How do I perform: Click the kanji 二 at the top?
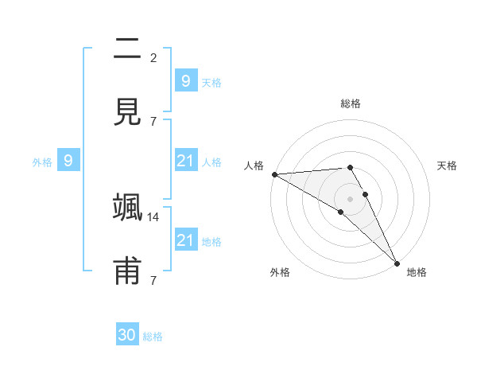tap(128, 49)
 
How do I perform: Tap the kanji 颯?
tap(128, 208)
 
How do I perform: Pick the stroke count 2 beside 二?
tap(153, 57)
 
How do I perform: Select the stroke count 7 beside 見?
tap(153, 121)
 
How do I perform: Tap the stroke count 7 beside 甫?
tap(153, 280)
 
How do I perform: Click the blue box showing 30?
tap(127, 335)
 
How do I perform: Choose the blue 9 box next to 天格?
tap(185, 80)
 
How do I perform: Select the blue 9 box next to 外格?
tap(68, 161)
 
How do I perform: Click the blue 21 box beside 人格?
tap(185, 161)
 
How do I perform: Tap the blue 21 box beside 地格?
tap(185, 240)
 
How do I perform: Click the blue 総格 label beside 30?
tap(153, 337)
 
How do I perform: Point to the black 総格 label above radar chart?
tap(351, 103)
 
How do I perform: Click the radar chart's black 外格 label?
tap(280, 272)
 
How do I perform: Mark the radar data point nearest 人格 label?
tap(274, 174)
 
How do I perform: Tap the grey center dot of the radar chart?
tap(351, 198)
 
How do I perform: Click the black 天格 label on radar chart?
tap(448, 166)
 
